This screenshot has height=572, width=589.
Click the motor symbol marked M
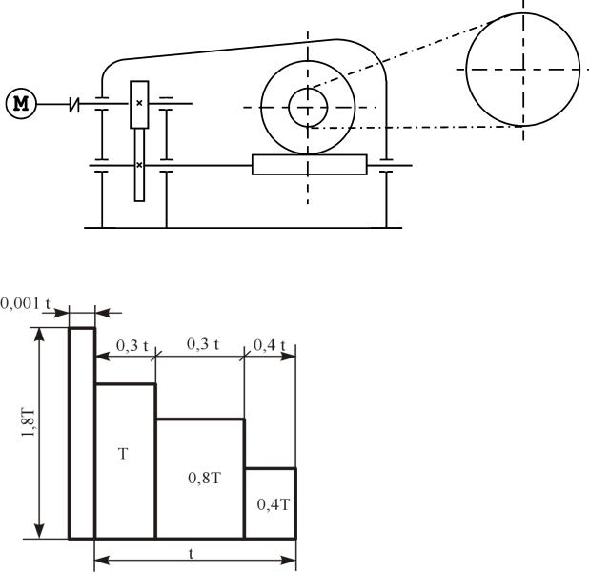pos(21,104)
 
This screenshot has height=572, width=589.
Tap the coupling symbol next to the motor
pos(74,104)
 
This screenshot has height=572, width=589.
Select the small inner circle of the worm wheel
pos(308,108)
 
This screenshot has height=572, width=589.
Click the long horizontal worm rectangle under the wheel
pos(310,165)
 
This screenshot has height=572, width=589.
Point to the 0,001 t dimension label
pos(26,303)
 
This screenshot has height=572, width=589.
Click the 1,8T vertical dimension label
pos(29,422)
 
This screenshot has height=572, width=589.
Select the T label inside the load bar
pos(123,454)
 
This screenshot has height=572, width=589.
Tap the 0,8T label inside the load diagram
pos(204,478)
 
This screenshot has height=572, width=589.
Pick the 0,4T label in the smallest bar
pos(274,504)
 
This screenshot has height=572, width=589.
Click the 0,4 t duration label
pos(270,344)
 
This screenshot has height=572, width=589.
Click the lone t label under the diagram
pos(192,554)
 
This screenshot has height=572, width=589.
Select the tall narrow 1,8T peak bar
pos(82,433)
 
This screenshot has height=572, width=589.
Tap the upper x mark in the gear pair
pos(139,103)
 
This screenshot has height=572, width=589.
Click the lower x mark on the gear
pos(139,165)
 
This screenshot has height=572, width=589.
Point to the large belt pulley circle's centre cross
pos(523,70)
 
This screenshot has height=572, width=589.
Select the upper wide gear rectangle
pos(139,105)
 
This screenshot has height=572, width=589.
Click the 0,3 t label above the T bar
pos(132,345)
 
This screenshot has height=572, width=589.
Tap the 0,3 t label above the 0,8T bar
pos(203,344)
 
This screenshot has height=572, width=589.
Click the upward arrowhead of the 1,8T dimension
pos(39,334)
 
